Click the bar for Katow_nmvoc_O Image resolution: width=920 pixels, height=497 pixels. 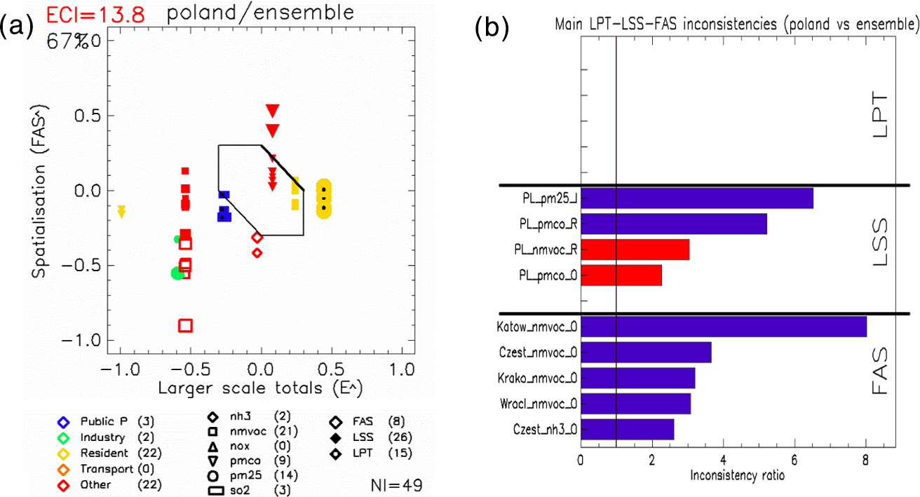click(x=724, y=327)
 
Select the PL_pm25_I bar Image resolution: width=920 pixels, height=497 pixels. click(x=697, y=198)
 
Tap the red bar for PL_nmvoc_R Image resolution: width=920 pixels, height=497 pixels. click(x=635, y=250)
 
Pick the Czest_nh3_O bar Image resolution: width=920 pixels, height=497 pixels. click(x=628, y=429)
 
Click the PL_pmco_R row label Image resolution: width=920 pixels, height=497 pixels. click(x=548, y=224)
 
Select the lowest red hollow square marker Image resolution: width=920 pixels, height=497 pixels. click(x=185, y=325)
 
